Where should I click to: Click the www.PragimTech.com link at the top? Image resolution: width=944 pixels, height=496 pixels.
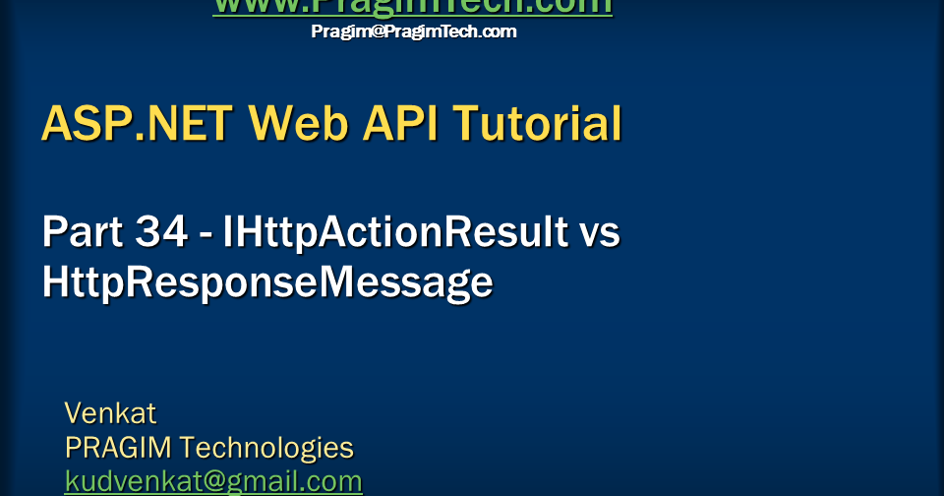pos(412,7)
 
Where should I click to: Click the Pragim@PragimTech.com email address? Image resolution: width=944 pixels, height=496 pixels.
pos(413,31)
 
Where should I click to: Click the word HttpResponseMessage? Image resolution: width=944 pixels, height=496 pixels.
pos(267,282)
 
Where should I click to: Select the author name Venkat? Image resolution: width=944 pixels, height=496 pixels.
pos(110,412)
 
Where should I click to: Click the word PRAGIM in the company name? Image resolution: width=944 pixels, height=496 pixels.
pos(118,448)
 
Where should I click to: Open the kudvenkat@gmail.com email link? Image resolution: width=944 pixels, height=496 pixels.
pos(213,481)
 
